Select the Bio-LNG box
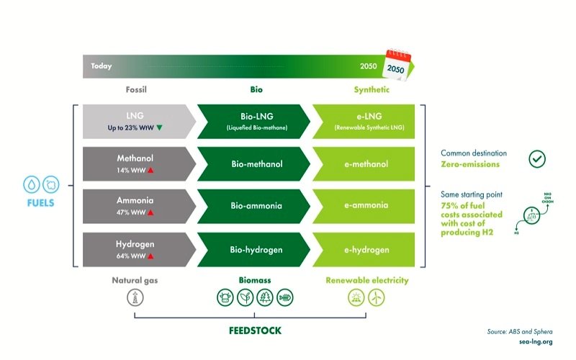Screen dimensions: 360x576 (x=251, y=120)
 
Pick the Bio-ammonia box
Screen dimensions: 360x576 (x=251, y=205)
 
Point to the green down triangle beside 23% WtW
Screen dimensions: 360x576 (x=160, y=127)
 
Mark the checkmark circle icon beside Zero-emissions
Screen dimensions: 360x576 (x=537, y=159)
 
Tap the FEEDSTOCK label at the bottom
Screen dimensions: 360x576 (x=250, y=331)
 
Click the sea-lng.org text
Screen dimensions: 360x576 (x=535, y=341)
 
